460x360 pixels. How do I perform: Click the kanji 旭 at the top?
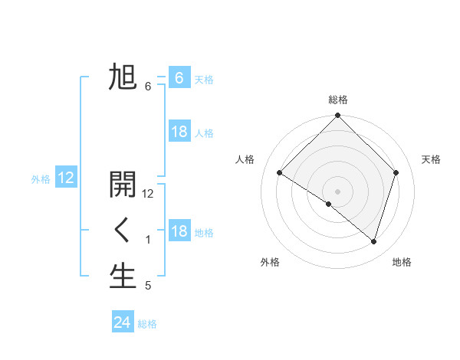123,77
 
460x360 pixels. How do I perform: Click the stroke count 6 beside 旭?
148,87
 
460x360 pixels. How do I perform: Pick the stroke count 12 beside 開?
148,194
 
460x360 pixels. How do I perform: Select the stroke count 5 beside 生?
148,286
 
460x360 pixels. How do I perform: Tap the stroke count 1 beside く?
148,240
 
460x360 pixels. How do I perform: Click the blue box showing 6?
179,78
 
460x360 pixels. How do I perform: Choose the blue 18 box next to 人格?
179,132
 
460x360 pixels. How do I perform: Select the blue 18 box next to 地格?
179,231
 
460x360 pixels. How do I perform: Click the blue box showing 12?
66,178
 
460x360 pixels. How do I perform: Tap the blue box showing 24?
122,322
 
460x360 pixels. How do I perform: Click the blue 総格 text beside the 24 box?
147,324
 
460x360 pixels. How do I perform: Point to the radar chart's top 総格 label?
337,100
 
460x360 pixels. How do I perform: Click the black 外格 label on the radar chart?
270,262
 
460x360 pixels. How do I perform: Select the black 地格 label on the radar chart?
402,262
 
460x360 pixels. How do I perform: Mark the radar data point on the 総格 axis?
337,116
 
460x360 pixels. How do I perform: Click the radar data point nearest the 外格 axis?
329,205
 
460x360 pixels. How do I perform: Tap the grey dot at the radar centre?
337,191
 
